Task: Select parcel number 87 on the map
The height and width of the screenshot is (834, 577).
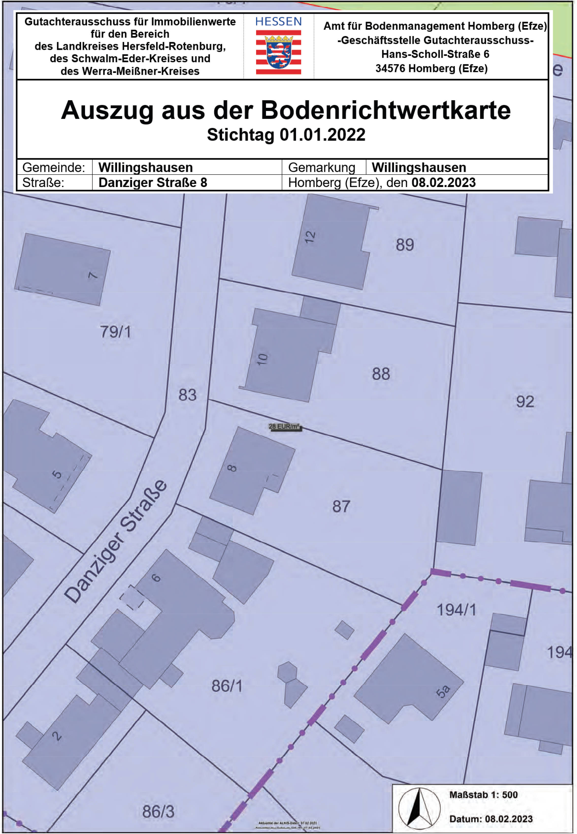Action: pos(341,506)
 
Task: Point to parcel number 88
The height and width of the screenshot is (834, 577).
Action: pos(381,374)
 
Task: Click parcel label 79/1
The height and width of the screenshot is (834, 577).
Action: pos(115,332)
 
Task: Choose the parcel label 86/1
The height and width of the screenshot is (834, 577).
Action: pos(227,686)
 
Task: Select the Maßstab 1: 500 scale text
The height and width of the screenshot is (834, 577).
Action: pos(483,795)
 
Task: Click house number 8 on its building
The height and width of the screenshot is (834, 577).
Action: pos(232,468)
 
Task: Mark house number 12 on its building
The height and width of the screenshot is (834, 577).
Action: pos(310,237)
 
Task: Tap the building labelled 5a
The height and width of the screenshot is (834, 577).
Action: pos(442,691)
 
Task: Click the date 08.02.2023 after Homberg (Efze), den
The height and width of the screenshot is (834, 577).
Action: pos(443,183)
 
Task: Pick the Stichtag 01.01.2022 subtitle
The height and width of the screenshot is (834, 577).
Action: pos(286,135)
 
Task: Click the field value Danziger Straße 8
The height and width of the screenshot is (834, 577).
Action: pos(153,183)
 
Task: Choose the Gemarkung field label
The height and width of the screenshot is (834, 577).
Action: pos(321,167)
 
